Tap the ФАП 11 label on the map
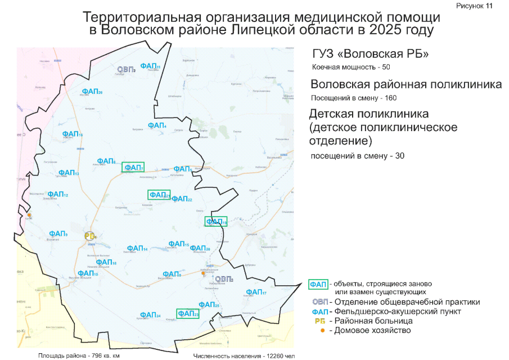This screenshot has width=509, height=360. point(150,66)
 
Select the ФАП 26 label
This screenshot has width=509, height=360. point(92,91)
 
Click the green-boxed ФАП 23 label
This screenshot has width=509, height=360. point(188,313)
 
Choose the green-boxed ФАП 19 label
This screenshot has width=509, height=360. point(216,222)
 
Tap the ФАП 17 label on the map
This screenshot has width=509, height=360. point(256,292)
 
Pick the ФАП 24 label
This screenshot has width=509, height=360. point(150,315)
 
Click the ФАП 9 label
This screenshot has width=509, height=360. point(58,234)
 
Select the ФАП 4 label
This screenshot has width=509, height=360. point(157,125)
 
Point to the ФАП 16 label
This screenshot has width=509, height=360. point(73,134)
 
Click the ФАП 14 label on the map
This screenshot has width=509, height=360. point(137,248)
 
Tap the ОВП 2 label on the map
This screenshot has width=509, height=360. point(126,69)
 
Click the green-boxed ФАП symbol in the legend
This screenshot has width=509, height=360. point(319,284)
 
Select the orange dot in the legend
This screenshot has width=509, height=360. point(322,330)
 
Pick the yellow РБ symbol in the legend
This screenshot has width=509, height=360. point(320,321)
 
